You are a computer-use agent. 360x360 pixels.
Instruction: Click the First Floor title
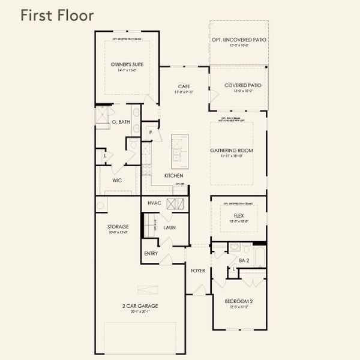[57, 15]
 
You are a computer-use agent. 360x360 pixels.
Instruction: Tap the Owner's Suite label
[127, 64]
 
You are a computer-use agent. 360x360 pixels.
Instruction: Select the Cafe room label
[184, 86]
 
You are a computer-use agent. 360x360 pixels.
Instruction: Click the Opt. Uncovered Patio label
[239, 40]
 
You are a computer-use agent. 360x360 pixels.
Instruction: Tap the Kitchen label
[174, 176]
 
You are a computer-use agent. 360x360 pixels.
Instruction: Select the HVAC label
[154, 203]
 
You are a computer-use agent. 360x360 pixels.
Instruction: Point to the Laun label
[169, 229]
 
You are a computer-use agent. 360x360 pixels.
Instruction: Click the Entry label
[151, 254]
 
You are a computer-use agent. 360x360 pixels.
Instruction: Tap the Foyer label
[198, 271]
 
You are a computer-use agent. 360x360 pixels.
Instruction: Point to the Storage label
[118, 227]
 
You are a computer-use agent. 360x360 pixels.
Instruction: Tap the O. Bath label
[121, 122]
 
